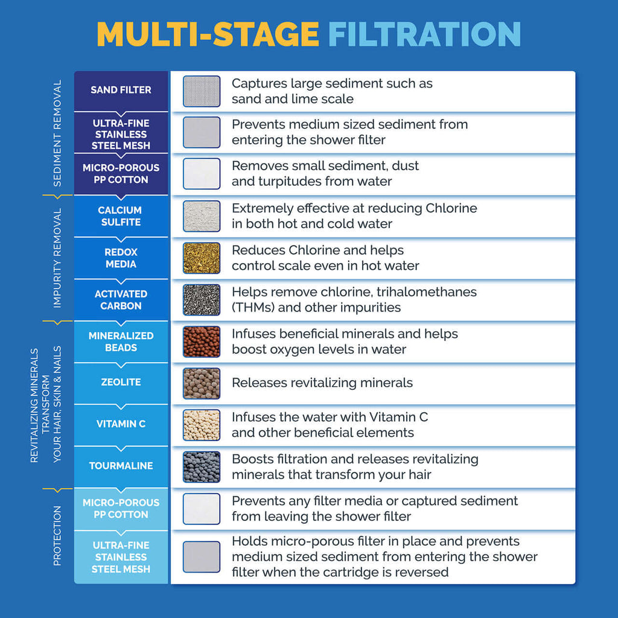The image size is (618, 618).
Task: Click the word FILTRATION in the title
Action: click(x=424, y=34)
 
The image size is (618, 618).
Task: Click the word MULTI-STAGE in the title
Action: click(x=208, y=34)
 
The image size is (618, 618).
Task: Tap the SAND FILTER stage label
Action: click(x=121, y=90)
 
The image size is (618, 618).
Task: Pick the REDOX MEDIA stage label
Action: click(x=121, y=258)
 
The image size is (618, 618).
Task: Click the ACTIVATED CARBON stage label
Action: click(x=121, y=300)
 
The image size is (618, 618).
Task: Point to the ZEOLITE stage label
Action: click(x=121, y=382)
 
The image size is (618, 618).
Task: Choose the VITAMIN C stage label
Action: click(x=121, y=424)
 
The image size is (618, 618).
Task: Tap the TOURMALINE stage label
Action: click(x=121, y=466)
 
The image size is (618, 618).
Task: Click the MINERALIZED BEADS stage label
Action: click(x=121, y=342)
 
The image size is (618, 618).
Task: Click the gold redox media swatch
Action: click(x=202, y=258)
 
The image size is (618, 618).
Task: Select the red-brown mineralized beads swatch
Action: click(x=202, y=342)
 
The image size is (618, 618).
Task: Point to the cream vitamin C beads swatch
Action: click(x=202, y=425)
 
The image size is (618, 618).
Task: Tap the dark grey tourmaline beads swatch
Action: click(x=202, y=467)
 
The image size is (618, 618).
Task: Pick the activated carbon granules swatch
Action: click(x=202, y=300)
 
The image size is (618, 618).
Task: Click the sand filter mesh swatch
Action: click(x=202, y=91)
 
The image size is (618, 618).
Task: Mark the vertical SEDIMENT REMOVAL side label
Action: click(x=57, y=133)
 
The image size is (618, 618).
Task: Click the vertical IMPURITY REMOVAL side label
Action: click(x=57, y=258)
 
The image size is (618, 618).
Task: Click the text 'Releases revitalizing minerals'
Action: click(x=322, y=383)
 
